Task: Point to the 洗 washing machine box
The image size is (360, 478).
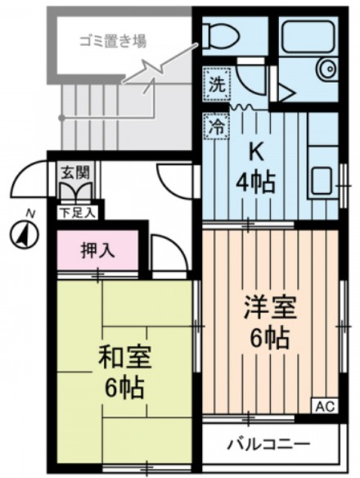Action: (x=216, y=83)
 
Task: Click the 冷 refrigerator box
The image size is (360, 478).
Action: (x=216, y=127)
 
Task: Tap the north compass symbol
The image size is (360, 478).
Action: (x=25, y=235)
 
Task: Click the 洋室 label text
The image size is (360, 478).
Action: (x=269, y=309)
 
